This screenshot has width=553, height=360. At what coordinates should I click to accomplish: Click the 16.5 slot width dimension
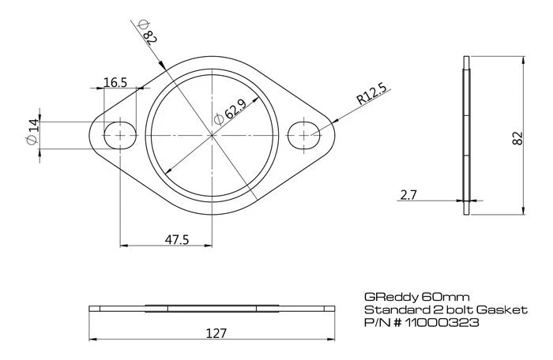click(115, 81)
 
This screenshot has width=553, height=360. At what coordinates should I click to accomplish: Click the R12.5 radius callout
click(371, 96)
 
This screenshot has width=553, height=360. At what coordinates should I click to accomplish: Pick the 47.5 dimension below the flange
click(178, 240)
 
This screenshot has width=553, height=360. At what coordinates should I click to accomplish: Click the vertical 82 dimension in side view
click(518, 136)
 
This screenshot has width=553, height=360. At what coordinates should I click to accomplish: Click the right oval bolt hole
click(305, 135)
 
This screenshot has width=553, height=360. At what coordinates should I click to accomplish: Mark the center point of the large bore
click(213, 135)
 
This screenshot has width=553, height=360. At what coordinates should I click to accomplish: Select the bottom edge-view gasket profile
click(213, 307)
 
